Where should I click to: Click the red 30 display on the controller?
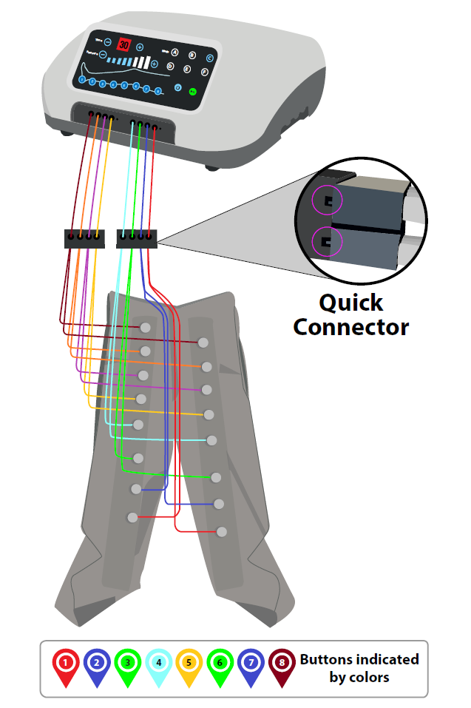124,45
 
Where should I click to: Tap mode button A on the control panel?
175,53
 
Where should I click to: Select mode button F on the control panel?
205,72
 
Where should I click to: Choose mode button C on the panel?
209,58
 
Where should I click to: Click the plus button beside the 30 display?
140,47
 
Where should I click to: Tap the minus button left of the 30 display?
108,43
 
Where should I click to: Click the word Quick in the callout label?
350,303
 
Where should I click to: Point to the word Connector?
350,326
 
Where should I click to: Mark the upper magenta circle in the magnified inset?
326,198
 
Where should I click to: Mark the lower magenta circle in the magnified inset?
327,241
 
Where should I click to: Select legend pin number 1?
67,662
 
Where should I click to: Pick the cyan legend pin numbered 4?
158,662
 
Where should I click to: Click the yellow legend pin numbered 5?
189,662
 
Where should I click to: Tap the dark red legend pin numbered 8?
282,662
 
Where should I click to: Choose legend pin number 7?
251,662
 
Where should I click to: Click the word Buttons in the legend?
327,659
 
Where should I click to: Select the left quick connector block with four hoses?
84,238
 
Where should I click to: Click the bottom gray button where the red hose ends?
221,531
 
